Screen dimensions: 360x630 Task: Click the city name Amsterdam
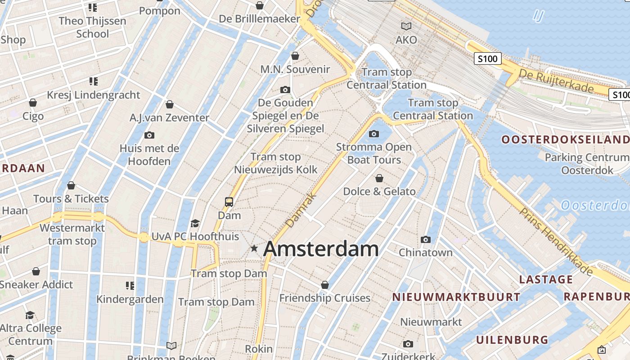click(321, 249)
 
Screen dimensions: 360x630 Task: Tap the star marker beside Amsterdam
click(254, 248)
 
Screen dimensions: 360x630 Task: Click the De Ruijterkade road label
click(556, 81)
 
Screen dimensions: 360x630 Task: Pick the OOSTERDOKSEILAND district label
click(565, 139)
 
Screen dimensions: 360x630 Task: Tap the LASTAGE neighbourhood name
click(546, 279)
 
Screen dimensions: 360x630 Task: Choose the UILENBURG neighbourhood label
click(512, 339)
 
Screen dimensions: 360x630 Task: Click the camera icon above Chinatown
click(426, 239)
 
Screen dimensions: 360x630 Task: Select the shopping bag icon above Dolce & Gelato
click(379, 178)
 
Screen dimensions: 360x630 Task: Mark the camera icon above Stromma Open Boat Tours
click(374, 134)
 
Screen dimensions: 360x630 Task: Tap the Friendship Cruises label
click(325, 298)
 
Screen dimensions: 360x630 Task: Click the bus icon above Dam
click(229, 202)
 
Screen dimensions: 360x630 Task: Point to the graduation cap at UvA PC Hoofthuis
click(195, 223)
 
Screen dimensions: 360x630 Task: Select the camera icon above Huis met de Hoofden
click(149, 135)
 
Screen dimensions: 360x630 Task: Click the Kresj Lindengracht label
click(94, 95)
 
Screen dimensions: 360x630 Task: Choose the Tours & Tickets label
click(71, 198)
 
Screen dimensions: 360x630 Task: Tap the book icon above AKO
click(406, 26)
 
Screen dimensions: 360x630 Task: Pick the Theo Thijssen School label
click(92, 27)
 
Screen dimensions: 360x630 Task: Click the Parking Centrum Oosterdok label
click(587, 164)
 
